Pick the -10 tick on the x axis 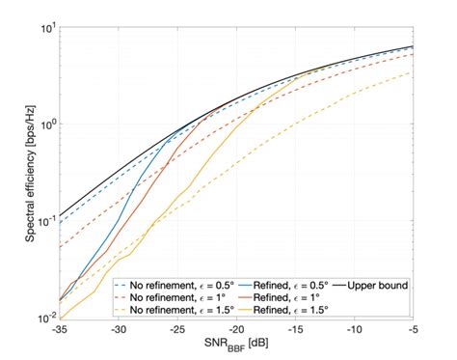[x=354, y=329]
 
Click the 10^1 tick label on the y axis [x=43, y=26]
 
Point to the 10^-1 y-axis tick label [x=42, y=220]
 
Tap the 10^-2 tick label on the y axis [x=42, y=318]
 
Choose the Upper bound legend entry [x=372, y=285]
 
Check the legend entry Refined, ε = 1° [x=281, y=297]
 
